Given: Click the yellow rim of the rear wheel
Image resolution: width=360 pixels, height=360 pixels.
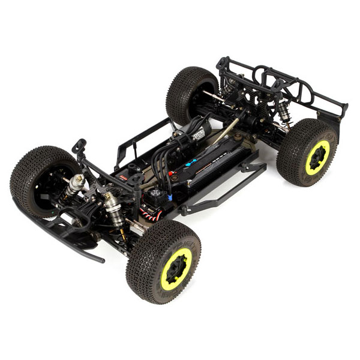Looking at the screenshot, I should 316,158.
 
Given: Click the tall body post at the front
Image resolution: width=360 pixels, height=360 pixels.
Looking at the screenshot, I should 79,147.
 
